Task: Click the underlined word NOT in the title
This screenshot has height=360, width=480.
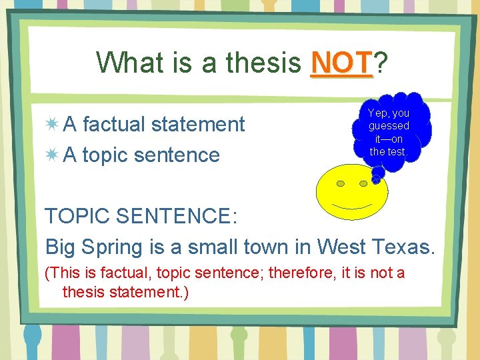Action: click(341, 63)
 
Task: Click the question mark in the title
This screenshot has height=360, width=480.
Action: click(381, 63)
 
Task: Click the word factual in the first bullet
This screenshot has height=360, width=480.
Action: click(117, 124)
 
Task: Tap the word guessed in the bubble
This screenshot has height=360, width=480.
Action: click(389, 126)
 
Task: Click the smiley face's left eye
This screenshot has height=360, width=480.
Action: click(341, 183)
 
